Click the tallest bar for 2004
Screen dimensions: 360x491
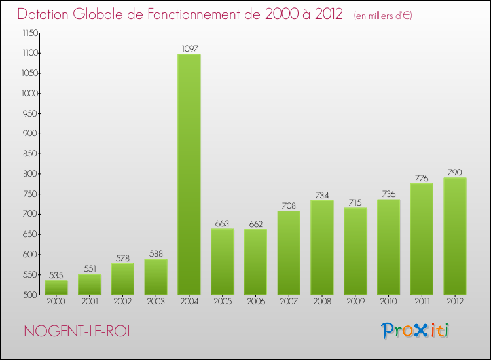[189, 174]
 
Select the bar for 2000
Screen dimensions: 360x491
[56, 287]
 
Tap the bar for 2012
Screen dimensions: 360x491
[455, 236]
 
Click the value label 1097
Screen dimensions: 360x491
[189, 48]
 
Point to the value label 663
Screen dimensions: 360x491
[223, 224]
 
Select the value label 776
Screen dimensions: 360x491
[422, 178]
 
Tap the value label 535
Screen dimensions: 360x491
[56, 275]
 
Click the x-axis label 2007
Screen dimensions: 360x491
[289, 302]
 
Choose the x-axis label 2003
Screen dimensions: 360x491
[156, 302]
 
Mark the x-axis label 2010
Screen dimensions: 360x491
[388, 302]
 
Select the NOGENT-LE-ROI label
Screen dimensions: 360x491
[77, 331]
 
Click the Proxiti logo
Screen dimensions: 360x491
[416, 331]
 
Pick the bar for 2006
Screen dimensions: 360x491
[255, 261]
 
